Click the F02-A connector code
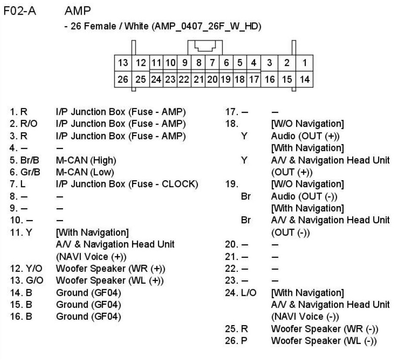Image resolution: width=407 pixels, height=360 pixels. coord(20,10)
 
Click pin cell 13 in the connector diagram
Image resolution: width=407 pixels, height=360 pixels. coord(123,63)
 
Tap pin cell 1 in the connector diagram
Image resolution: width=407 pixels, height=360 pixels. coord(304,63)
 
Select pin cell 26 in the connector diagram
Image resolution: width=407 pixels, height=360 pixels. coord(123,79)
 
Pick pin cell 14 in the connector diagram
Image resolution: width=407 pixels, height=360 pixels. coord(304,79)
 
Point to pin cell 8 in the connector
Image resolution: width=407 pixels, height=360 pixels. coord(199,63)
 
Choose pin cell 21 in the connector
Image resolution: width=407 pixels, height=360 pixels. coord(199,79)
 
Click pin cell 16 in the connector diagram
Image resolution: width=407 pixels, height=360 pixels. coord(269,79)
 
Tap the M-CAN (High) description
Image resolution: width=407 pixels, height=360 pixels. coord(86,160)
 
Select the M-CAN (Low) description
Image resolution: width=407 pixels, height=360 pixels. coord(85,172)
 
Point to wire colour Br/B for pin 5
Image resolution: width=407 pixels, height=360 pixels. coord(29,160)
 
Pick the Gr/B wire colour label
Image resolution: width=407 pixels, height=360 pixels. coord(29,172)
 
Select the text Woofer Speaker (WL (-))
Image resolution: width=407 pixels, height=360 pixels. coord(324,341)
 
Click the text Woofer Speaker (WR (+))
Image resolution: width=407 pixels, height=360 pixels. coord(110,269)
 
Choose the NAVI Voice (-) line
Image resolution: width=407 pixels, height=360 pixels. coord(304,317)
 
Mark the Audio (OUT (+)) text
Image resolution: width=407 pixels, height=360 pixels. coord(305,136)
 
